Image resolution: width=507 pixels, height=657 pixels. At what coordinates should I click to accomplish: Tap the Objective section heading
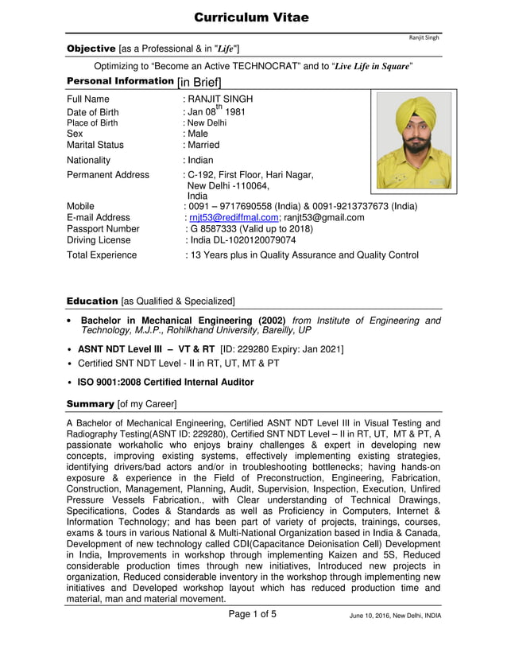(91, 49)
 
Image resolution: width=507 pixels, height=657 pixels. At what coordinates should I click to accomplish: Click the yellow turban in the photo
(412, 111)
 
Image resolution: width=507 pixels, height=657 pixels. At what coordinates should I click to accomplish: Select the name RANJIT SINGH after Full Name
(219, 99)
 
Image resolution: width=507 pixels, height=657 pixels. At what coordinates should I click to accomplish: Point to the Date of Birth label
(92, 112)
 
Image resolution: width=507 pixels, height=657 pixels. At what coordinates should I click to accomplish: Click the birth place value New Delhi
(206, 123)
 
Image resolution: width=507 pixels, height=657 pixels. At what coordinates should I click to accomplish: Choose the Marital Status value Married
(203, 145)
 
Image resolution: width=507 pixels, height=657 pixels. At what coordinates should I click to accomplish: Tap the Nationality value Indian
(200, 160)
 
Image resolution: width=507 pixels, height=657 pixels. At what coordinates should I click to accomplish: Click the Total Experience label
(102, 255)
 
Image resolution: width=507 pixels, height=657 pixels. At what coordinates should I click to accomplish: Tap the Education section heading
(92, 301)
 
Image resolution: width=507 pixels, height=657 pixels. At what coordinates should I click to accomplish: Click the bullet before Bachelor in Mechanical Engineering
(71, 321)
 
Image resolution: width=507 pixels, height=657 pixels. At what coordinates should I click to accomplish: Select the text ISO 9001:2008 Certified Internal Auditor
(165, 382)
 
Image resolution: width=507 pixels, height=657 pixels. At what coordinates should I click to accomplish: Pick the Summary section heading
(90, 404)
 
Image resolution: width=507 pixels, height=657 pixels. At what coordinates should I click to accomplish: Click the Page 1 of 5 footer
(253, 613)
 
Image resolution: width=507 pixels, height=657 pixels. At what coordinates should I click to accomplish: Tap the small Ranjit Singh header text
(424, 37)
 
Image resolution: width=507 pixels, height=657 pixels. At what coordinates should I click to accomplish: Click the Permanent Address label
(107, 174)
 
